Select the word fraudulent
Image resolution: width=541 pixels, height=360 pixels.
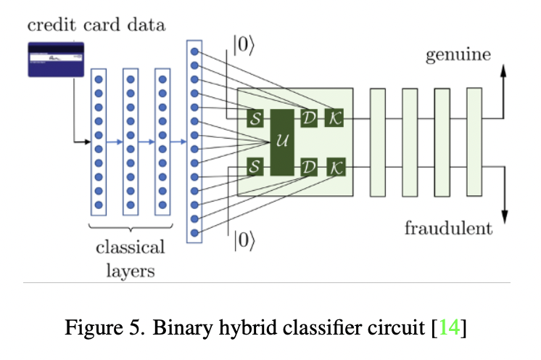point(449,229)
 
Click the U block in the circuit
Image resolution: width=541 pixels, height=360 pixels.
point(281,143)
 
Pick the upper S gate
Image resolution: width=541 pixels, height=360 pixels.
point(255,117)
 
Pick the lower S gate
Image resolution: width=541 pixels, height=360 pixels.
point(255,167)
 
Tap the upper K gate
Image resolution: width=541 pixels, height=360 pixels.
point(334,117)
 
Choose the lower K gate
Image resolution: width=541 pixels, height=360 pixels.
point(334,167)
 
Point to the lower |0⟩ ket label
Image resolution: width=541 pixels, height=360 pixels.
point(244,241)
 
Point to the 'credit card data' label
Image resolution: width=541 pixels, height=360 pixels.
point(96,25)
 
